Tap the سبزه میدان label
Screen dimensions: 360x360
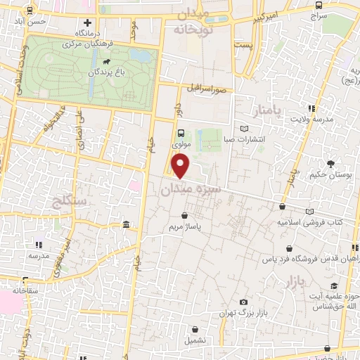pos(191,188)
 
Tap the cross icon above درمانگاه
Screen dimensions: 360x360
pos(86,23)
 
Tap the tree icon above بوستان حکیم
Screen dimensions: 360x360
pos(331,163)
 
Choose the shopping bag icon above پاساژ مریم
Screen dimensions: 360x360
pos(184,216)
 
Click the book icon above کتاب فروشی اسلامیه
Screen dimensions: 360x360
pos(309,212)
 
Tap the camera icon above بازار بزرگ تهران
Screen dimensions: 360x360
pos(243,302)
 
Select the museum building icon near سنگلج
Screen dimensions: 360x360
pos(126,225)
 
